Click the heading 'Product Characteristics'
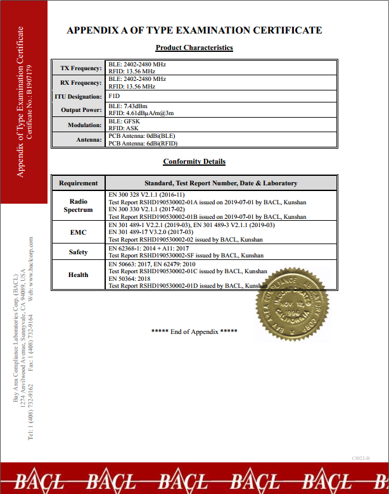click(194, 47)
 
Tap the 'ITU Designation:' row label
click(78, 97)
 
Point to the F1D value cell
click(115, 96)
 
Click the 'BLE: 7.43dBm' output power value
click(128, 106)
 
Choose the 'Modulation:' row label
click(84, 125)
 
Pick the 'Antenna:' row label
click(87, 140)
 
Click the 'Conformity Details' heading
click(194, 161)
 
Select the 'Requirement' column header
click(79, 183)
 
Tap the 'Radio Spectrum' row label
click(79, 206)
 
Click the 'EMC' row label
click(79, 232)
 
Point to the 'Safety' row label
click(79, 252)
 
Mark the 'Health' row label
click(79, 275)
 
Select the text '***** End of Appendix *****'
click(194, 331)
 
